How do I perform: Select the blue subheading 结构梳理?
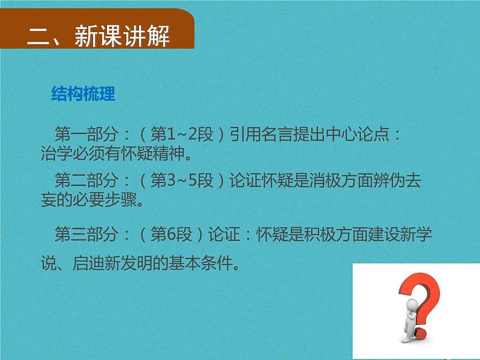pyautogui.click(x=83, y=95)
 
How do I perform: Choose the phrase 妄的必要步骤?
pyautogui.click(x=91, y=200)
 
